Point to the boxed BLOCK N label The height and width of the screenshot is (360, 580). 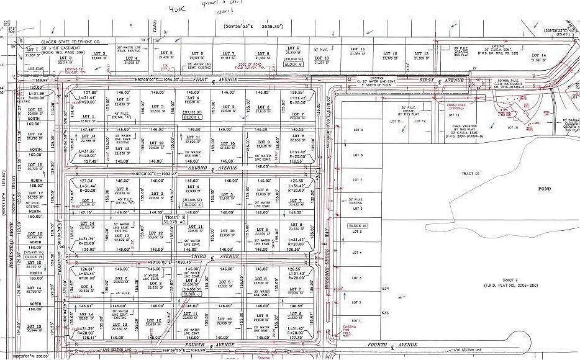(358, 226)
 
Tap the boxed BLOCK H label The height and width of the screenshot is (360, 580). (34, 256)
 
